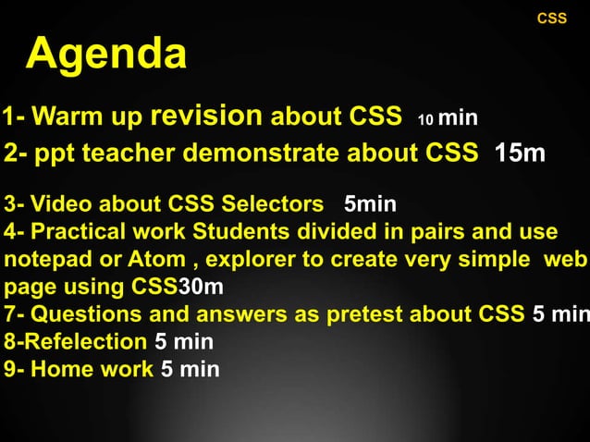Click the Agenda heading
click(x=106, y=55)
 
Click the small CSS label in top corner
click(x=552, y=18)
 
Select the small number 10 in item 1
click(x=425, y=120)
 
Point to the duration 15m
click(x=520, y=153)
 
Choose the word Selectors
click(x=276, y=204)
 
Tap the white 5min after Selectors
click(x=370, y=204)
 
